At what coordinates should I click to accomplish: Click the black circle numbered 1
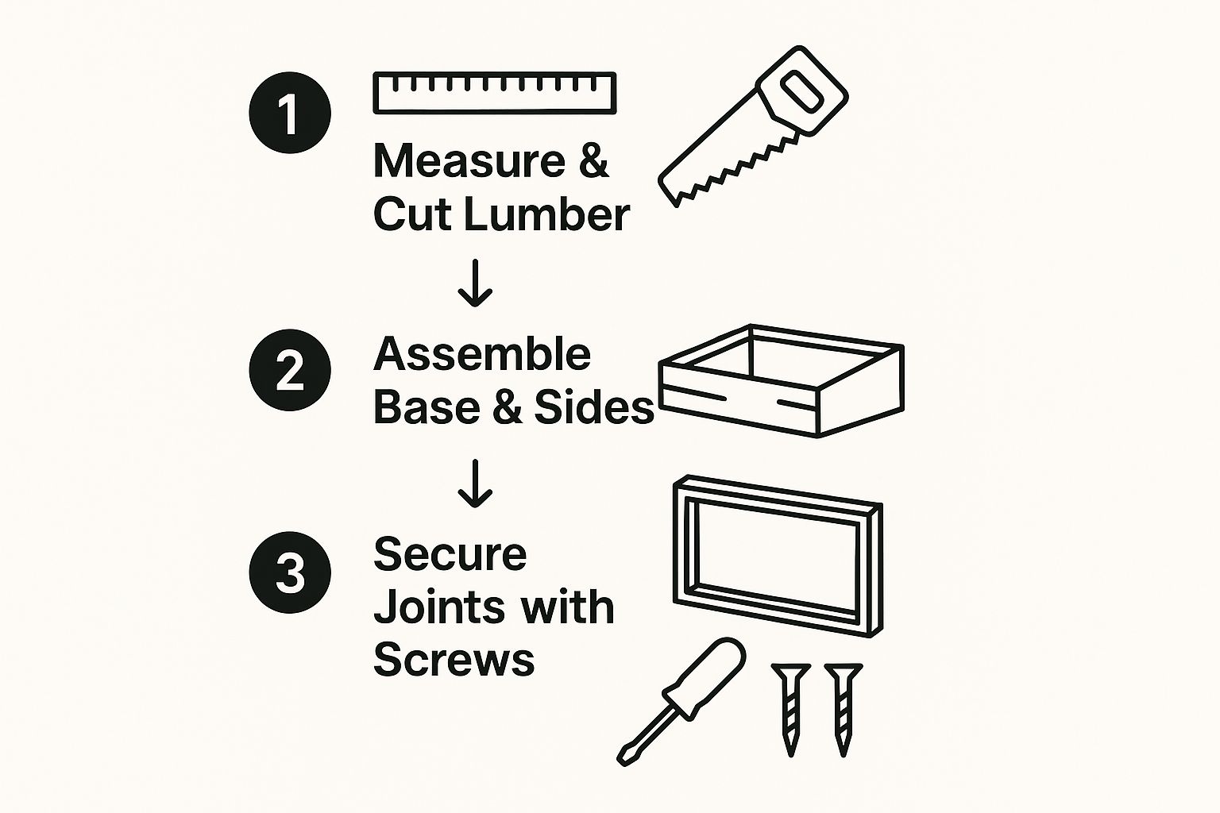pyautogui.click(x=290, y=113)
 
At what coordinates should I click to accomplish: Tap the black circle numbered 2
pyautogui.click(x=290, y=370)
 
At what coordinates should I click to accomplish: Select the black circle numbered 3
pyautogui.click(x=290, y=572)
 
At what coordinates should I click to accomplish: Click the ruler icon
pyautogui.click(x=495, y=93)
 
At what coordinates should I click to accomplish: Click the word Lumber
pyautogui.click(x=546, y=214)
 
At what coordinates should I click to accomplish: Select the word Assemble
pyautogui.click(x=482, y=354)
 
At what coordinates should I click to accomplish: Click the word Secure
pyautogui.click(x=450, y=554)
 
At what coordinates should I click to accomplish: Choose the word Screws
pyautogui.click(x=454, y=660)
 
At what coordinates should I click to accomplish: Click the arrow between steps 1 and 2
pyautogui.click(x=475, y=283)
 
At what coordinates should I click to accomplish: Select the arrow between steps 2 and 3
pyautogui.click(x=475, y=483)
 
